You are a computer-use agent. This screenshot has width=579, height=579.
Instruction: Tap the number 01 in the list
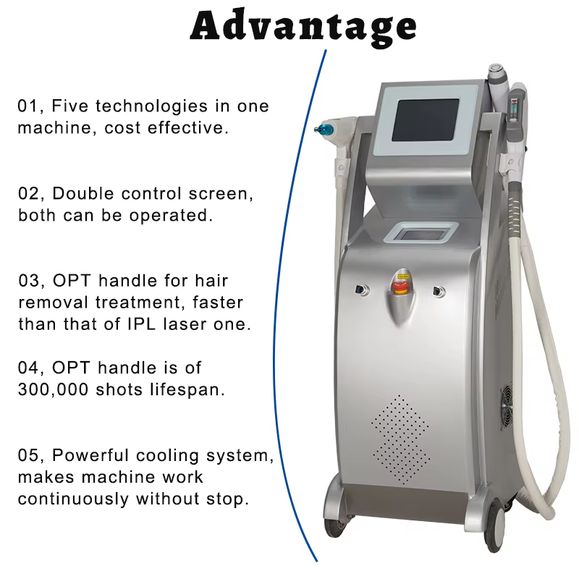pyautogui.click(x=28, y=106)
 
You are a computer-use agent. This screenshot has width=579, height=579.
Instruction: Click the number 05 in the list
pyautogui.click(x=28, y=457)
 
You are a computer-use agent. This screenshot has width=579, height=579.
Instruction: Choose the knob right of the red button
pyautogui.click(x=437, y=291)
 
